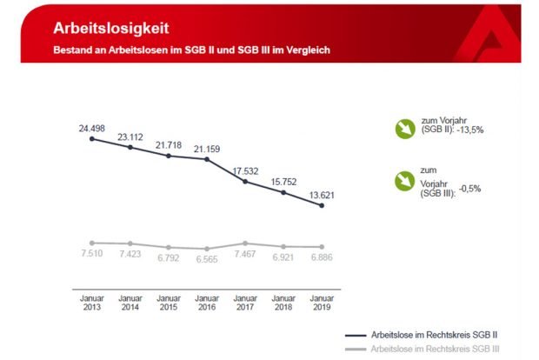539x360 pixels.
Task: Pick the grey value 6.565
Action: pyautogui.click(x=207, y=260)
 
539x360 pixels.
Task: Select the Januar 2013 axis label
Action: pyautogui.click(x=92, y=301)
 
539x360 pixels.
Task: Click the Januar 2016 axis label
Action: pyautogui.click(x=207, y=301)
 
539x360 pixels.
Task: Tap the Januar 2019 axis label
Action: pyautogui.click(x=323, y=301)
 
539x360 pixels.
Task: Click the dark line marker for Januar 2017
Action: pyautogui.click(x=246, y=182)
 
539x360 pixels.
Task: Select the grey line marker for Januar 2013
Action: pyautogui.click(x=92, y=243)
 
